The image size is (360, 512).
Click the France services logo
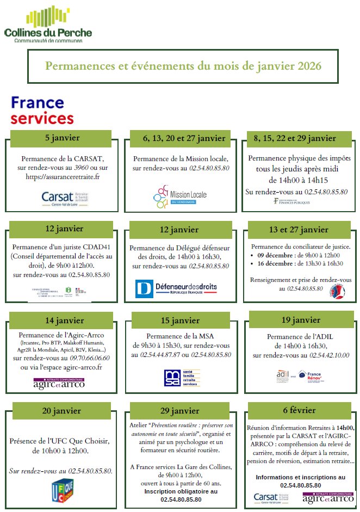(42, 110)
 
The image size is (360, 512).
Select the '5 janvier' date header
(60, 138)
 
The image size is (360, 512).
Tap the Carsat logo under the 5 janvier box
(65, 197)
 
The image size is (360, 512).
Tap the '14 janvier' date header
(60, 320)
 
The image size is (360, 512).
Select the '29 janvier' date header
(181, 411)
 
